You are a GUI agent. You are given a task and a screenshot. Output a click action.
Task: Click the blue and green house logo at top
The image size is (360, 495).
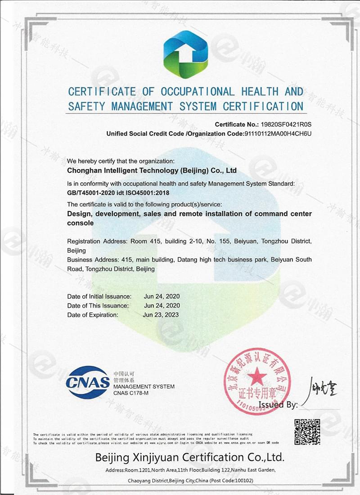point(185,54)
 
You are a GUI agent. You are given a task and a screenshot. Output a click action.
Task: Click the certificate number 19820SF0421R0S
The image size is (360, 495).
point(286,124)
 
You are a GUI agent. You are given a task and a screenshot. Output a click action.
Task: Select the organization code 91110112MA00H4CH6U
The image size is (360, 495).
point(278,134)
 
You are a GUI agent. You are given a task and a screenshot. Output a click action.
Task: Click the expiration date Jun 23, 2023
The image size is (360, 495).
point(161,315)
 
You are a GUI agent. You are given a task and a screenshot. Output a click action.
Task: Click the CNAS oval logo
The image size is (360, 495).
point(88,382)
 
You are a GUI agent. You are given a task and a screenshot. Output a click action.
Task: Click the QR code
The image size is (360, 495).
point(307,432)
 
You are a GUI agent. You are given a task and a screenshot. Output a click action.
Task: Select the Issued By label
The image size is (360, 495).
point(279,405)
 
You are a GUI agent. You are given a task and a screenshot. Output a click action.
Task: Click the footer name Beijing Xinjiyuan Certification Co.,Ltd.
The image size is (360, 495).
point(189,458)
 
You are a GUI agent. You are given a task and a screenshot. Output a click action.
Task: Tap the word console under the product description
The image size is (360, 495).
point(80,223)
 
